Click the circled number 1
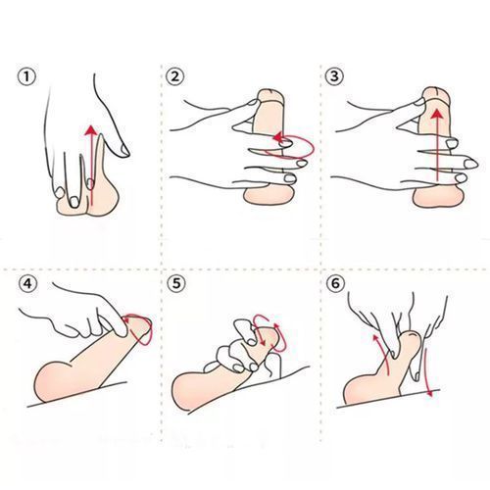pyautogui.click(x=26, y=77)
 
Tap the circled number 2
pyautogui.click(x=175, y=76)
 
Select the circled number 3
pyautogui.click(x=334, y=76)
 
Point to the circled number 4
pyautogui.click(x=27, y=283)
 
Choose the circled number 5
pyautogui.click(x=176, y=283)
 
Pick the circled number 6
pyautogui.click(x=335, y=283)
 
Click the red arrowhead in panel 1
pyautogui.click(x=91, y=130)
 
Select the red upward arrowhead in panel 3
pyautogui.click(x=437, y=116)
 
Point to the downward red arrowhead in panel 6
pyautogui.click(x=430, y=393)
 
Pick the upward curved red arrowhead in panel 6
pyautogui.click(x=375, y=338)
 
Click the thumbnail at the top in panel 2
pyautogui.click(x=252, y=102)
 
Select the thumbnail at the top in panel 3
pyautogui.click(x=418, y=102)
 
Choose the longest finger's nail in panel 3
pyautogui.click(x=470, y=164)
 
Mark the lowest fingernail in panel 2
pyautogui.click(x=290, y=178)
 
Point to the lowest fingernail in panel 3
pyautogui.click(x=461, y=178)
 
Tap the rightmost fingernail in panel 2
pyautogui.click(x=302, y=163)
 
